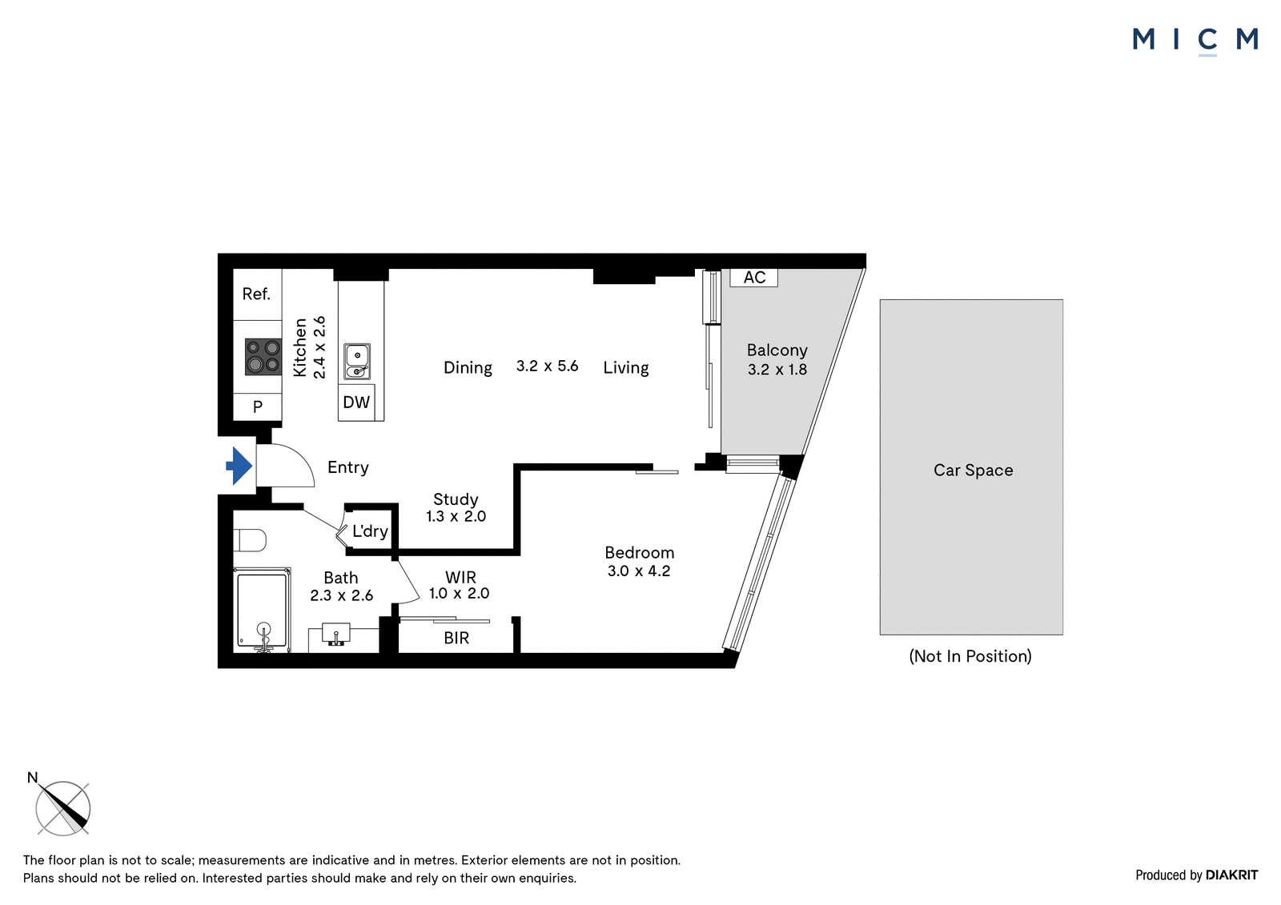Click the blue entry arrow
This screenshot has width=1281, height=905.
coord(239,466)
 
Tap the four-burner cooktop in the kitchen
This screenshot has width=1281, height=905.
coord(263,357)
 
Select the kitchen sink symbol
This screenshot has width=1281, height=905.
coord(357,362)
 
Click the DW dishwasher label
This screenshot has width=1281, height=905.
coord(356,402)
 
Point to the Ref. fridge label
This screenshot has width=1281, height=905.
coord(256,294)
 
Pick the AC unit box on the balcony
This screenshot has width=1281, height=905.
coord(753,278)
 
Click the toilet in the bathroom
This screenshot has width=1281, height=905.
coord(250,540)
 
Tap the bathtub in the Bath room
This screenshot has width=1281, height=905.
coord(262,610)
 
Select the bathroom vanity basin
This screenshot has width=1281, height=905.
coord(336,635)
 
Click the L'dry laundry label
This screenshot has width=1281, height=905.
coord(370,531)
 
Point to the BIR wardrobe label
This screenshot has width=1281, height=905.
coord(456,638)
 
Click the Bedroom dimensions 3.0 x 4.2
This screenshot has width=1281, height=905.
coord(638,571)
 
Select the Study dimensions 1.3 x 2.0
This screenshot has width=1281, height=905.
coord(456,516)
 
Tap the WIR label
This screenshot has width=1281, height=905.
coord(460,578)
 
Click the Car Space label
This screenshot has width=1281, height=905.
coord(974,470)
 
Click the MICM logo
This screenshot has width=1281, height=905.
coord(1195,40)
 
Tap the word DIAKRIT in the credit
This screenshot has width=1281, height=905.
coord(1231,875)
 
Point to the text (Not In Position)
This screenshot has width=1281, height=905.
coord(970,656)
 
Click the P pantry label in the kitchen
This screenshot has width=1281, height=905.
coord(257,406)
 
